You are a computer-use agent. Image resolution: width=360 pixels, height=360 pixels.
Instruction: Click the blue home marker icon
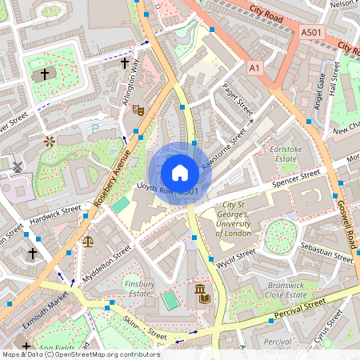[x=180, y=172]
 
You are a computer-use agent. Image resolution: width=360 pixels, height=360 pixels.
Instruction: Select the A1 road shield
[x=254, y=70]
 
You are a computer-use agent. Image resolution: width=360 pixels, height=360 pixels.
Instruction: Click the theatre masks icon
[x=138, y=110]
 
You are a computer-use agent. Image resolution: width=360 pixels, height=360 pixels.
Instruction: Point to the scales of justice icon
[x=87, y=241]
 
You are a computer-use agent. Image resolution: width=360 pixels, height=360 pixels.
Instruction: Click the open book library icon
[x=206, y=298]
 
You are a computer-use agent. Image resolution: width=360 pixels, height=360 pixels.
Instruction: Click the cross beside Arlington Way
[x=125, y=62]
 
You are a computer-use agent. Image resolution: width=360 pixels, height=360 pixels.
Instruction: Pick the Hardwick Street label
[x=55, y=214]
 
